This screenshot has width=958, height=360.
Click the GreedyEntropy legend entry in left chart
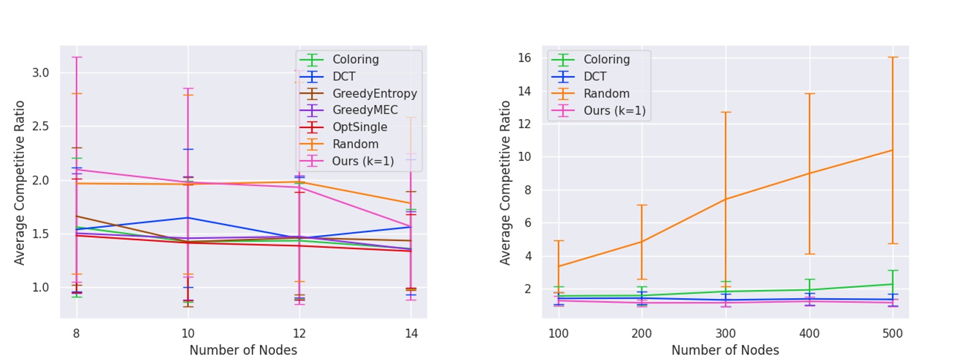click(x=374, y=94)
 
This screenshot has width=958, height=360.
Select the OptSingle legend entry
click(x=359, y=127)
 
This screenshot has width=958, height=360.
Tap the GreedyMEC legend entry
click(x=365, y=110)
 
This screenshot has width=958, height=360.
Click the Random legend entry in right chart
click(x=606, y=94)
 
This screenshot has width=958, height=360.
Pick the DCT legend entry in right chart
click(x=594, y=77)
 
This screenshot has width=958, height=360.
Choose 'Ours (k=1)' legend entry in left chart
click(x=362, y=161)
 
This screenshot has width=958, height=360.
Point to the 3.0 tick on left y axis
click(x=40, y=73)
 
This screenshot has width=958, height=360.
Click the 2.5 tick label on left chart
click(x=40, y=127)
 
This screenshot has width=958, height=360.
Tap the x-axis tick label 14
click(x=411, y=334)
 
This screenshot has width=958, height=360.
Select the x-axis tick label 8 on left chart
click(x=76, y=334)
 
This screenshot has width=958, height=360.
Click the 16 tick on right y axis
click(x=524, y=58)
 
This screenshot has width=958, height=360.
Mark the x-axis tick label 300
click(x=726, y=334)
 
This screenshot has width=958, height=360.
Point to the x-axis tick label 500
click(x=893, y=334)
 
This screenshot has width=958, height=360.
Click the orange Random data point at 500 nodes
click(x=893, y=150)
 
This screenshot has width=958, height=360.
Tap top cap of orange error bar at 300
click(x=726, y=112)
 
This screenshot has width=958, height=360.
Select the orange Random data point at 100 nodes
click(x=558, y=266)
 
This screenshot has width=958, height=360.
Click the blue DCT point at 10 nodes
click(x=188, y=218)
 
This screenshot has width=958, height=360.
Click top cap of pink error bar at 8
click(x=76, y=57)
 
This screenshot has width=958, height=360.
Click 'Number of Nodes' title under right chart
click(x=725, y=350)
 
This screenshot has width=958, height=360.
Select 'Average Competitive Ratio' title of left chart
click(x=20, y=182)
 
